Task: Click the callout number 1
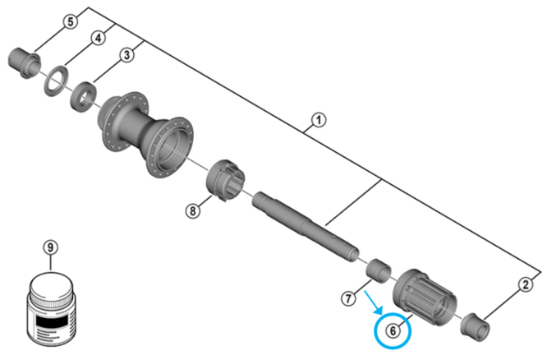click(318, 122)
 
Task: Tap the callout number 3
click(126, 55)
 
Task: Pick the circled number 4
click(98, 38)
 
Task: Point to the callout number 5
click(71, 21)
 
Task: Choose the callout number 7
click(348, 295)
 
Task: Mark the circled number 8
click(192, 210)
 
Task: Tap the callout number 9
click(51, 247)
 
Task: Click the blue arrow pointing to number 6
click(374, 302)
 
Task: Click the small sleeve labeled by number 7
click(379, 269)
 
